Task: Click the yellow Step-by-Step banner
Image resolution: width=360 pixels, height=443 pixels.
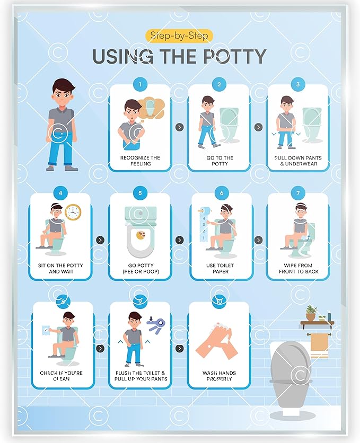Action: (179, 36)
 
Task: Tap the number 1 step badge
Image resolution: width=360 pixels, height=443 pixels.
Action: (140, 84)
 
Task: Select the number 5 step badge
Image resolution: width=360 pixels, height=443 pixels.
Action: (140, 193)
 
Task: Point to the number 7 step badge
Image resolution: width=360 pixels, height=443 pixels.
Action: (298, 193)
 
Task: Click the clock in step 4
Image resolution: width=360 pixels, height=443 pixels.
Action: (73, 212)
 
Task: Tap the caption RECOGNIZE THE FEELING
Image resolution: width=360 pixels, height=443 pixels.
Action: (140, 161)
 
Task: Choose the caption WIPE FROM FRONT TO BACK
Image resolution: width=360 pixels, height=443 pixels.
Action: (298, 268)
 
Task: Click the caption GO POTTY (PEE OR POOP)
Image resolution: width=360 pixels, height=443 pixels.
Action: (140, 268)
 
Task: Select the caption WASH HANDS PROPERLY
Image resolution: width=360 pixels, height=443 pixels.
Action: (218, 376)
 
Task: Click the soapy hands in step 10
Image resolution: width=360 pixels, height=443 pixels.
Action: (217, 342)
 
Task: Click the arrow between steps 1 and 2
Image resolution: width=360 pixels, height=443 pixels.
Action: (179, 127)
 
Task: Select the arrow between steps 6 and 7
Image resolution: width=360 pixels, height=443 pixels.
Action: (258, 240)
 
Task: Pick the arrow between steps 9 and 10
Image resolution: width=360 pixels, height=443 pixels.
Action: (179, 348)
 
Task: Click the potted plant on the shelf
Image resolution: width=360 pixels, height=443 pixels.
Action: (311, 313)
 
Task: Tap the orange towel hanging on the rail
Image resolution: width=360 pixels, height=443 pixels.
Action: (319, 344)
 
